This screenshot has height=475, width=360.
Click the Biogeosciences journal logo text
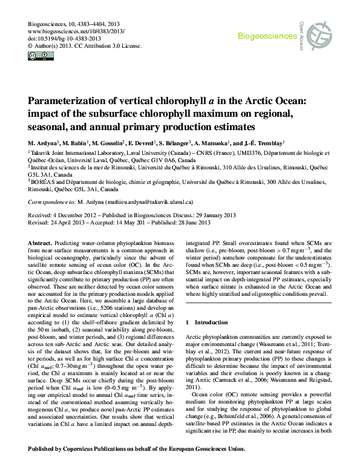[x=267, y=36]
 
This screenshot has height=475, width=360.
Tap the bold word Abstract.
[x=41, y=241]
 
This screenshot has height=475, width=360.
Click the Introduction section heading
[x=209, y=322]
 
